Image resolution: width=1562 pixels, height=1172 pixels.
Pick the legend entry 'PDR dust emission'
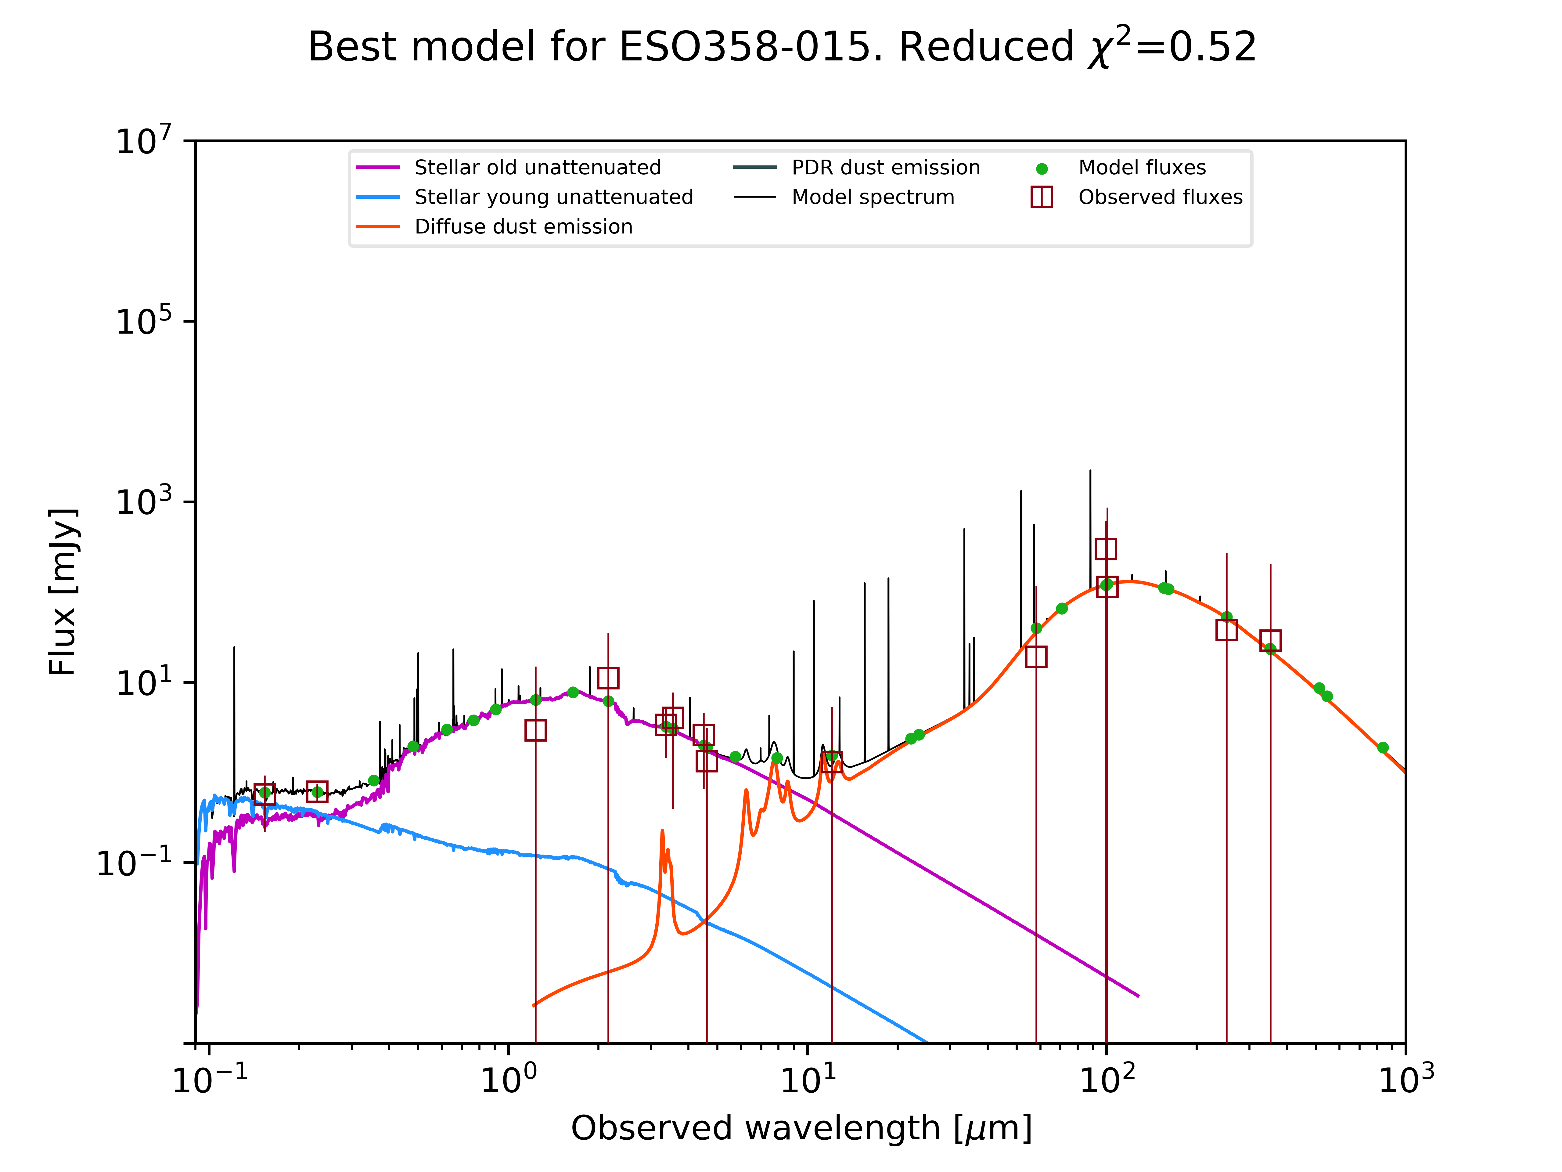(x=886, y=168)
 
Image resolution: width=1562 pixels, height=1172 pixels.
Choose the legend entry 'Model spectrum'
(x=873, y=197)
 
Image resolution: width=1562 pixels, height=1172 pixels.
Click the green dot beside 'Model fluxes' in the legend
(x=1042, y=169)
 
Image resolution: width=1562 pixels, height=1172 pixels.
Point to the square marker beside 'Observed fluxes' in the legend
(x=1042, y=197)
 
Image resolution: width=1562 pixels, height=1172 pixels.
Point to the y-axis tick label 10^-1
(x=134, y=862)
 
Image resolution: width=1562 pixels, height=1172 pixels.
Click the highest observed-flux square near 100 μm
(x=1106, y=549)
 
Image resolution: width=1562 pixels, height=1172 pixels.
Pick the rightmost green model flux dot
(x=1383, y=747)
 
